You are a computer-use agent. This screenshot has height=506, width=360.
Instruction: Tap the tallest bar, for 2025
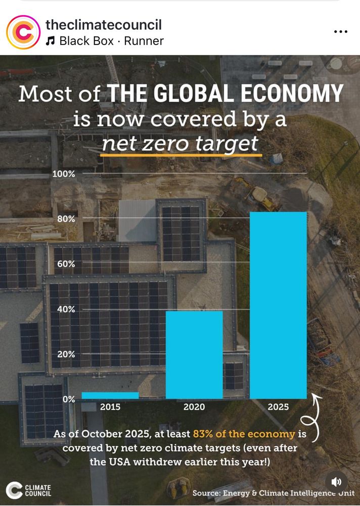[x=278, y=305]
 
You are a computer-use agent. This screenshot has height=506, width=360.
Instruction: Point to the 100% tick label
[x=64, y=174]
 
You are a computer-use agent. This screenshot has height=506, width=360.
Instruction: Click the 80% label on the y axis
[x=66, y=219]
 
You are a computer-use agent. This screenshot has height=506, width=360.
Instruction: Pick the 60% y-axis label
[x=66, y=264]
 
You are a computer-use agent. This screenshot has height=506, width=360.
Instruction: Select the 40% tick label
[x=66, y=309]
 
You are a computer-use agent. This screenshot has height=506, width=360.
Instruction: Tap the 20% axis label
[x=66, y=354]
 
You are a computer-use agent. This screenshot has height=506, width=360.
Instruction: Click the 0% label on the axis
[x=68, y=399]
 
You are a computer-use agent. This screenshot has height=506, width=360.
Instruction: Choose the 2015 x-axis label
[x=110, y=407]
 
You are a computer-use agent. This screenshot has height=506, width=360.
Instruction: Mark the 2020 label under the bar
[x=194, y=407]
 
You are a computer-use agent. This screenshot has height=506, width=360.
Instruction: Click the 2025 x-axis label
[x=278, y=407]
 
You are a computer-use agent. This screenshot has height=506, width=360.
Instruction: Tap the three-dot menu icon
[x=341, y=31]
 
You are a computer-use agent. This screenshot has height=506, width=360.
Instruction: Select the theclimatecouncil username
[x=104, y=24]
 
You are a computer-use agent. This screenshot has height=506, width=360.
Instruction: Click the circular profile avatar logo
[x=23, y=32]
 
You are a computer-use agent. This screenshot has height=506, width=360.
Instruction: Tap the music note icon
[x=50, y=41]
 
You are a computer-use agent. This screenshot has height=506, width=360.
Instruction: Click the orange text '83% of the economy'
[x=244, y=434]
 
